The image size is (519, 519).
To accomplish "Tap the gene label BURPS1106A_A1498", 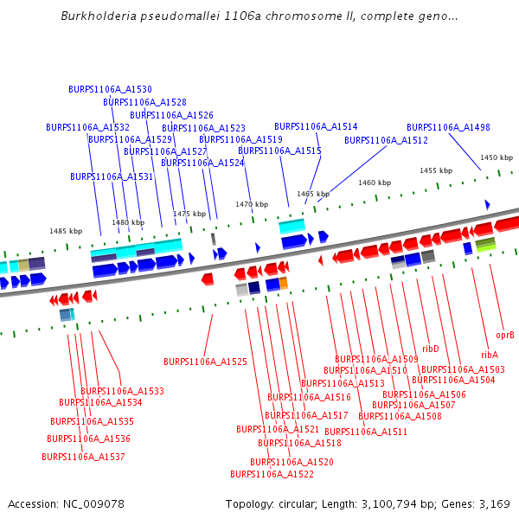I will (448, 127).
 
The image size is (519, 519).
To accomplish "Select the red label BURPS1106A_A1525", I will (205, 362).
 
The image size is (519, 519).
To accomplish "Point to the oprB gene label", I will (505, 334).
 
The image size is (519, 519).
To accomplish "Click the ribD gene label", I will (430, 349).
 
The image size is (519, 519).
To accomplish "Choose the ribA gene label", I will (489, 355).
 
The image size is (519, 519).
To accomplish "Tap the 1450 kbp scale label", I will (497, 157).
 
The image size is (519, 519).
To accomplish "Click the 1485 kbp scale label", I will (66, 231).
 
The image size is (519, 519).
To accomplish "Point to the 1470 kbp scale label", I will (252, 204).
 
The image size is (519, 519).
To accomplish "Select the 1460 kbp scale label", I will (375, 183).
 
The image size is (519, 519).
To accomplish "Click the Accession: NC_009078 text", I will (66, 503).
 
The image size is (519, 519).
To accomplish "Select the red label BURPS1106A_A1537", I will (83, 457).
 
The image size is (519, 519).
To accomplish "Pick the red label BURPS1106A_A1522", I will (272, 474).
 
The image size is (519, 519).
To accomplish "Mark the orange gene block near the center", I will (284, 283).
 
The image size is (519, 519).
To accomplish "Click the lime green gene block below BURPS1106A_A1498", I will (485, 245).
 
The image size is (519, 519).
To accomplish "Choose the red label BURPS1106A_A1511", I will (366, 432).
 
